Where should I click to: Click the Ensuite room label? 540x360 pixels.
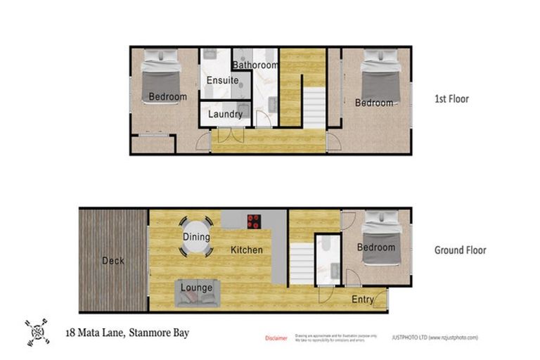(222, 81)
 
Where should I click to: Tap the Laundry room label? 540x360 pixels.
(226, 114)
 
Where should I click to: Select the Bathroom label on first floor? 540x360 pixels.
(256, 65)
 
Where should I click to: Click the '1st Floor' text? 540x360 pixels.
(451, 99)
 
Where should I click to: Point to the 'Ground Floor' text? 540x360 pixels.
(460, 250)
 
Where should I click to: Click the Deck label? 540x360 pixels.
(113, 261)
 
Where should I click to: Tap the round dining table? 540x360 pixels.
(197, 238)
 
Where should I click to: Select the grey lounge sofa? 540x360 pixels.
(197, 292)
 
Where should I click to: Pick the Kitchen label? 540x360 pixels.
(247, 250)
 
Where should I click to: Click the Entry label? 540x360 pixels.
(363, 300)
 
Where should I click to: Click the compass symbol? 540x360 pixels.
(38, 333)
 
